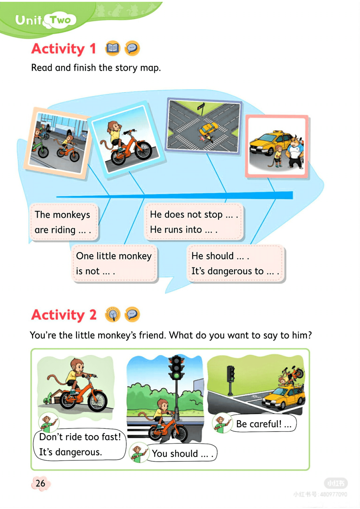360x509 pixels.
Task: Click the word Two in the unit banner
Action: (61, 20)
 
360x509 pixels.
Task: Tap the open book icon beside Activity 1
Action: (113, 48)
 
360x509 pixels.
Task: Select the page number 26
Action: (41, 483)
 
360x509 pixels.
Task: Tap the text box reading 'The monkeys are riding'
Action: (64, 222)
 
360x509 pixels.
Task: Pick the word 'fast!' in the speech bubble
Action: (111, 437)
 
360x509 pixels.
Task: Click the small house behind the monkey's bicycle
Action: (56, 396)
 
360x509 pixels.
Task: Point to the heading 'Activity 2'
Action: (64, 315)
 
